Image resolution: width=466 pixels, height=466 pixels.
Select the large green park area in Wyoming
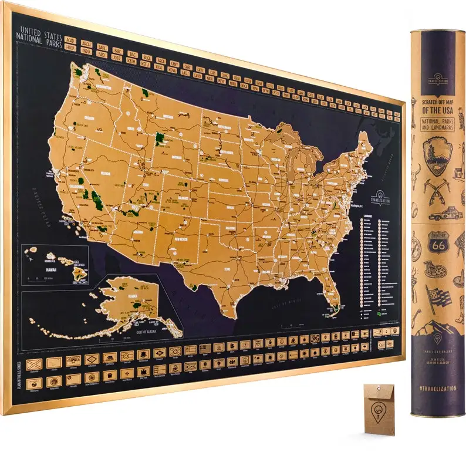point(159,139)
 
